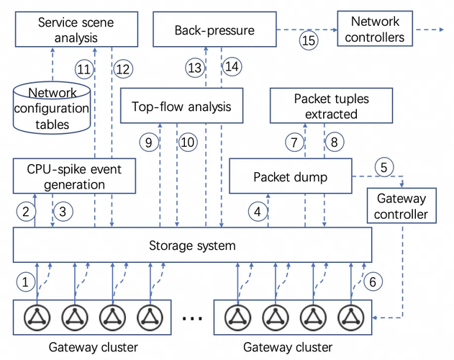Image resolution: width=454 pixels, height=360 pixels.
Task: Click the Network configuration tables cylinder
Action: (x=52, y=108)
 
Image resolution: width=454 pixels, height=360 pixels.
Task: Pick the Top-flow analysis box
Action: (x=181, y=107)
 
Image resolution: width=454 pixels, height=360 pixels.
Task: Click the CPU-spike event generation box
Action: (x=75, y=176)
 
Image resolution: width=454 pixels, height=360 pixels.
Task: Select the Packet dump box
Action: (x=290, y=176)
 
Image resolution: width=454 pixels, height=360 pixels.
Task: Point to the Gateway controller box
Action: (x=401, y=206)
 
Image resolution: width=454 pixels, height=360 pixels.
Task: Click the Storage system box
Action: (x=191, y=246)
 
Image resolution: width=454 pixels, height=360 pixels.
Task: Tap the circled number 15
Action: (x=309, y=40)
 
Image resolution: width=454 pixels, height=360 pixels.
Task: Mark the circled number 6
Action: (x=372, y=282)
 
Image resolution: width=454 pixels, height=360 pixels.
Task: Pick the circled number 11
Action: (x=84, y=69)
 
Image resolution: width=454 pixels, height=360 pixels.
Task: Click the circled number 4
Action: (x=257, y=212)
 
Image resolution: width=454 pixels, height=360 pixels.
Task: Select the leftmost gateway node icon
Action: (x=35, y=316)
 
